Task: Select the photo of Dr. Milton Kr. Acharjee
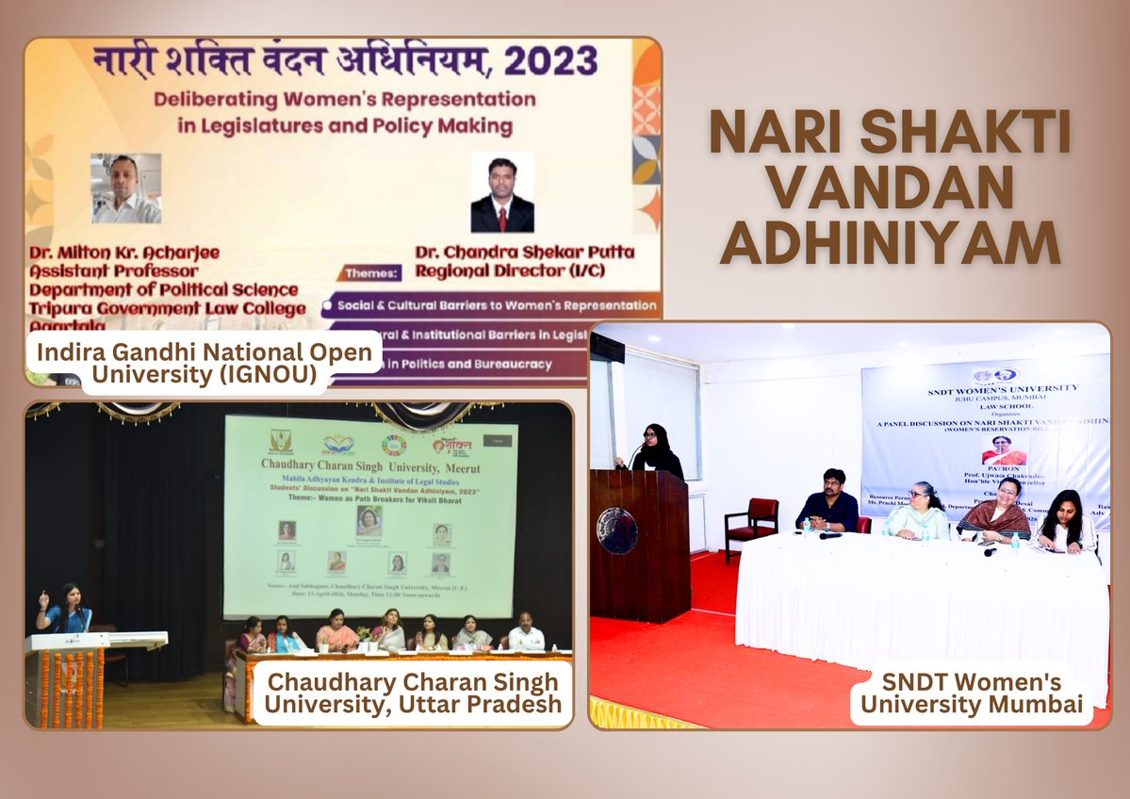[x=125, y=188]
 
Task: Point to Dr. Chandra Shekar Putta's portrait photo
[x=502, y=192]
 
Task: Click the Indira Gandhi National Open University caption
[x=205, y=363]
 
